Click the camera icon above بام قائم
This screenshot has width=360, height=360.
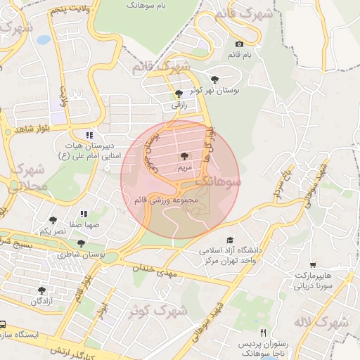pos(239,44)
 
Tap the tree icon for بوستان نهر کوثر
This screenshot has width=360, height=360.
pos(214,79)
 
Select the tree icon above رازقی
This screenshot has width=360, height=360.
pos(178,94)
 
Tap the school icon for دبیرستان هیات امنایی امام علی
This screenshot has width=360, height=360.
pos(89,135)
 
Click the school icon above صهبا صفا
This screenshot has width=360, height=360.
pos(84,214)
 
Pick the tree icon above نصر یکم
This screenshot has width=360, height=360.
pos(53,220)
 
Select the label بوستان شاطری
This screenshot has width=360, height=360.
pos(80,255)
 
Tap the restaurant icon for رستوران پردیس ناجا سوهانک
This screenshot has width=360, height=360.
pos(264,332)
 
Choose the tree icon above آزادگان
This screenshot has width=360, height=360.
pos(42,290)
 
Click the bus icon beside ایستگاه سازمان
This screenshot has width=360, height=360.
pos(3,326)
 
